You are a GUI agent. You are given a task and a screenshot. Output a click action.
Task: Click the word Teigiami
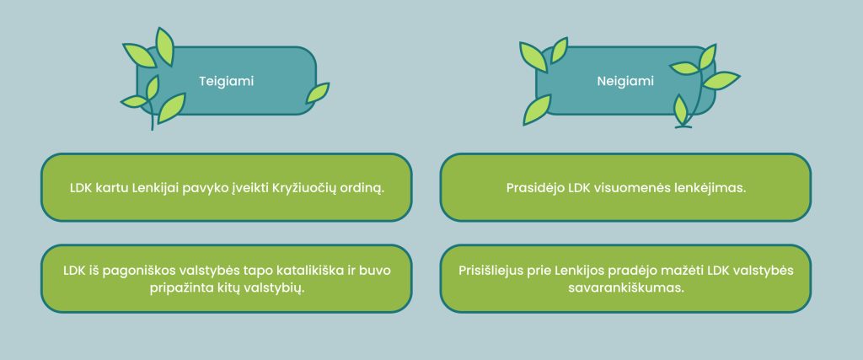(226, 81)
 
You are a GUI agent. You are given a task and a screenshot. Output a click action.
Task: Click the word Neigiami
(625, 81)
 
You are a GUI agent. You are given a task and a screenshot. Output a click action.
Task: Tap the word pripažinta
(176, 288)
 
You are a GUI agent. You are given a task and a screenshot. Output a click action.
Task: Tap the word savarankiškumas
(625, 288)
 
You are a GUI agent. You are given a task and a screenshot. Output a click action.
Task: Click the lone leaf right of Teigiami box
(318, 93)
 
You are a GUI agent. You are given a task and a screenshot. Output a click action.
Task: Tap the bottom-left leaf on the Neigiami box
(537, 110)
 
